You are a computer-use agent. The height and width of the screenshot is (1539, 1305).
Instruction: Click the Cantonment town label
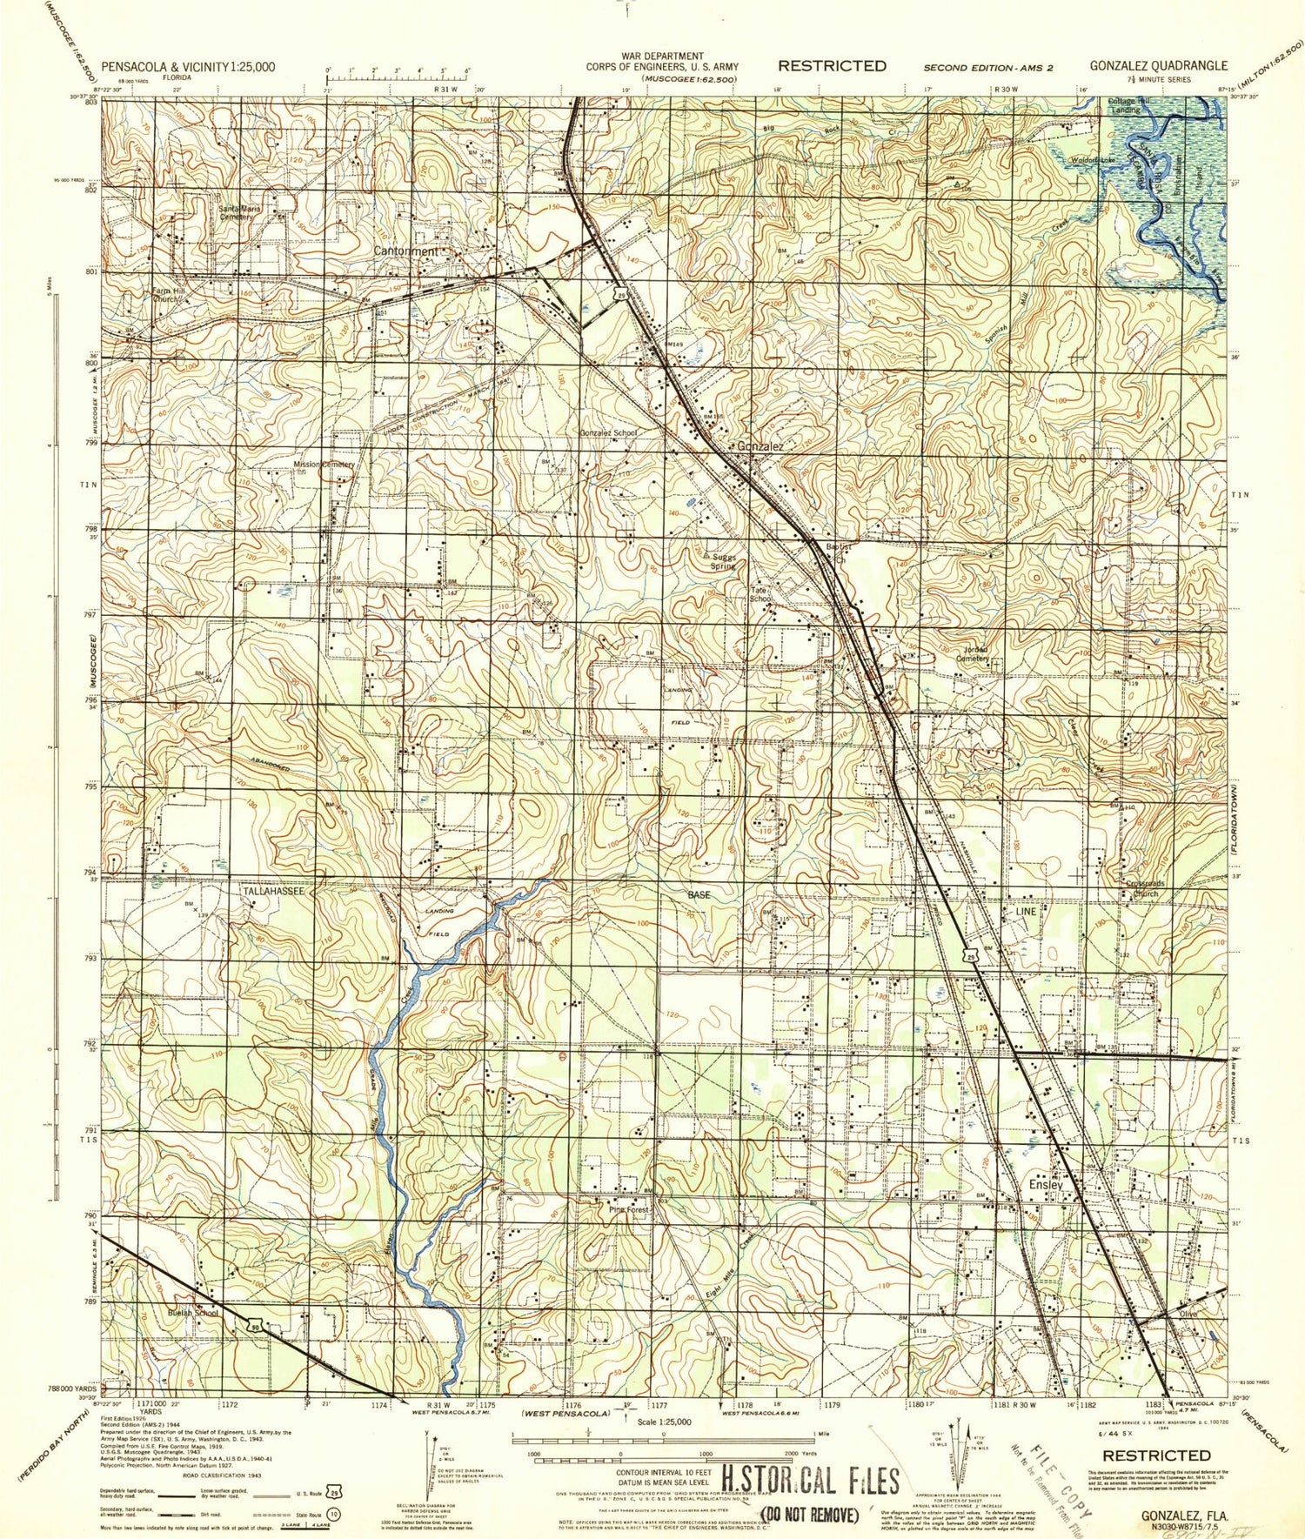point(406,251)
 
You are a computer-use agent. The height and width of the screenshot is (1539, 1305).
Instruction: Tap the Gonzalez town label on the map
point(760,446)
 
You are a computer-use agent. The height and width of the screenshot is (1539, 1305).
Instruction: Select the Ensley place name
point(1046,1185)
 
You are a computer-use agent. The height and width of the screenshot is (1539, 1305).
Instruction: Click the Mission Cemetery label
point(324,465)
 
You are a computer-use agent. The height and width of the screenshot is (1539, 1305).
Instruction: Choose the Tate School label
point(760,594)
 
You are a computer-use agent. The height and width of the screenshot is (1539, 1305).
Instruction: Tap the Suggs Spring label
point(724,561)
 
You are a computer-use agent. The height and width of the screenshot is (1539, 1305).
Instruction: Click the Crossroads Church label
point(1143,888)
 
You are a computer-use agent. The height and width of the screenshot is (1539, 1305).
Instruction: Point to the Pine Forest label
point(629,1209)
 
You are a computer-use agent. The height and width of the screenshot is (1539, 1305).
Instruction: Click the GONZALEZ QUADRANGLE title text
point(1159,65)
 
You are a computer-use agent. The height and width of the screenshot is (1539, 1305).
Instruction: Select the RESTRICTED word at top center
point(832,65)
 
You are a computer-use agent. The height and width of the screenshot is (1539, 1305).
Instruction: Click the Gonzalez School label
point(609,432)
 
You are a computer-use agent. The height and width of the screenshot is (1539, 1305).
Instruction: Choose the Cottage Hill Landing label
point(1128,105)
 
